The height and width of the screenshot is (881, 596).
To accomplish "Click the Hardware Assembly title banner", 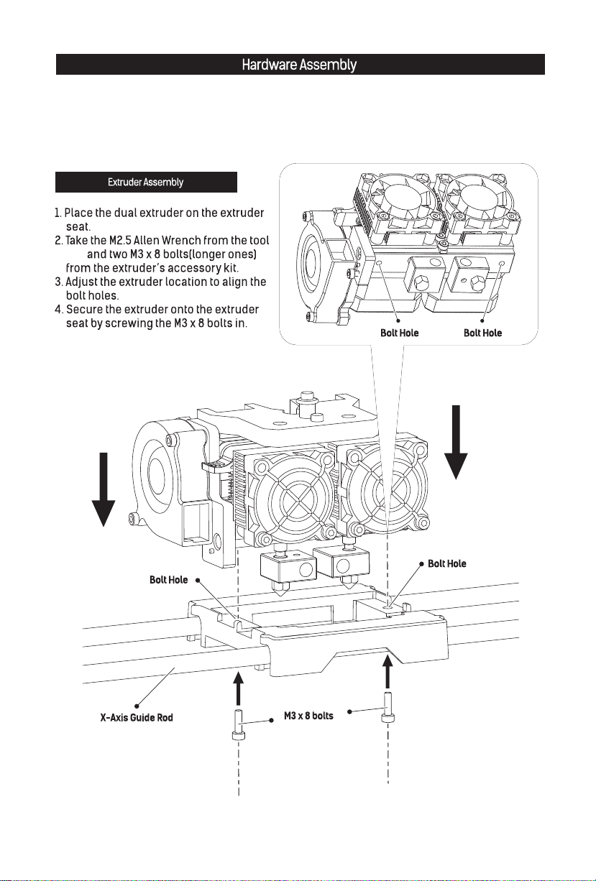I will pyautogui.click(x=299, y=65).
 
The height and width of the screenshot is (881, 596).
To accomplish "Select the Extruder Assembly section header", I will pyautogui.click(x=146, y=183).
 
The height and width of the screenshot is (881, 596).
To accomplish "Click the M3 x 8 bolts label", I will pyautogui.click(x=308, y=716).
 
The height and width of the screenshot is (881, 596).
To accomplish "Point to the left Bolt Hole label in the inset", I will pyautogui.click(x=399, y=333).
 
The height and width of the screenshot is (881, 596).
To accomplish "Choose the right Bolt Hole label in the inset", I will pyautogui.click(x=482, y=333).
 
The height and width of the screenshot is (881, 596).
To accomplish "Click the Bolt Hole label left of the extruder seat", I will pyautogui.click(x=169, y=579).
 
